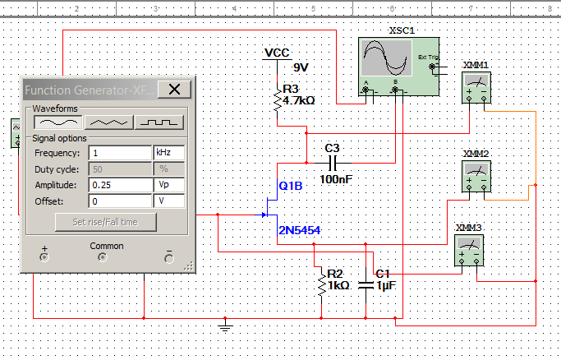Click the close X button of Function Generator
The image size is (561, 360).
[174, 90]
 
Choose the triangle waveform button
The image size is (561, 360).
[109, 122]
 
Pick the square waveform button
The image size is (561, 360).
[159, 122]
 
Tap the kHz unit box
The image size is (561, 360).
[169, 153]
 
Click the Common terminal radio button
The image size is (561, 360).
[102, 256]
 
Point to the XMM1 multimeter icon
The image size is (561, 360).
[475, 86]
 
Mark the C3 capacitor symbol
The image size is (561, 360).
[331, 162]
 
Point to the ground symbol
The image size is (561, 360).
[223, 327]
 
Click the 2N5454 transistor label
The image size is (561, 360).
[299, 230]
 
